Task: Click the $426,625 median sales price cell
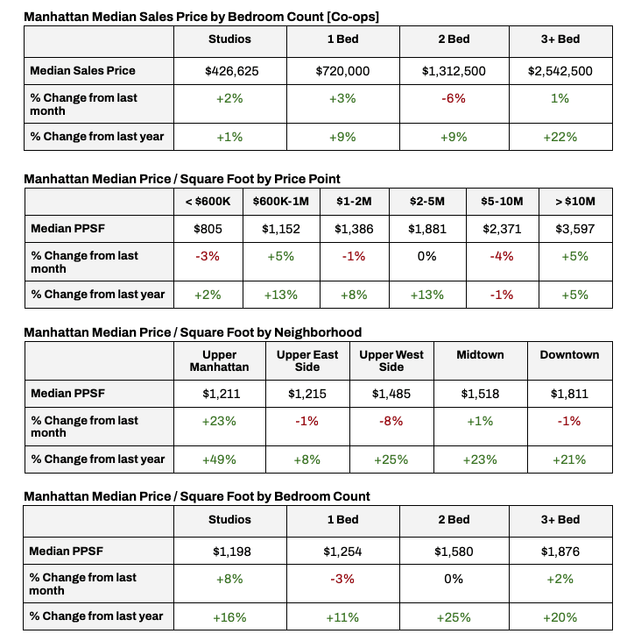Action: pyautogui.click(x=231, y=71)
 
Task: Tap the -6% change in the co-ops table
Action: pyautogui.click(x=453, y=98)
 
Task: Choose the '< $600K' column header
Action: pyautogui.click(x=208, y=202)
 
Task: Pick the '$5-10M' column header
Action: pyautogui.click(x=503, y=202)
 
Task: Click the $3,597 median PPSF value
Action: pyautogui.click(x=576, y=229)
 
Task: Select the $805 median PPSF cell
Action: pyautogui.click(x=208, y=229)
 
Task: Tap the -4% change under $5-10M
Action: pyautogui.click(x=503, y=256)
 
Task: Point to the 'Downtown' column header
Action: pyautogui.click(x=569, y=355)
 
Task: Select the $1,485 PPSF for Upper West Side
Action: pyautogui.click(x=391, y=394)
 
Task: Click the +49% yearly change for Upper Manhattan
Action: pyautogui.click(x=219, y=459)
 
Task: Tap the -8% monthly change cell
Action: pyautogui.click(x=391, y=421)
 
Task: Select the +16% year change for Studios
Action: pyautogui.click(x=229, y=617)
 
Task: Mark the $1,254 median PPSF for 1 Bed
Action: pyautogui.click(x=342, y=551)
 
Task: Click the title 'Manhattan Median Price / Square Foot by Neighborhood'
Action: pyautogui.click(x=193, y=332)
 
